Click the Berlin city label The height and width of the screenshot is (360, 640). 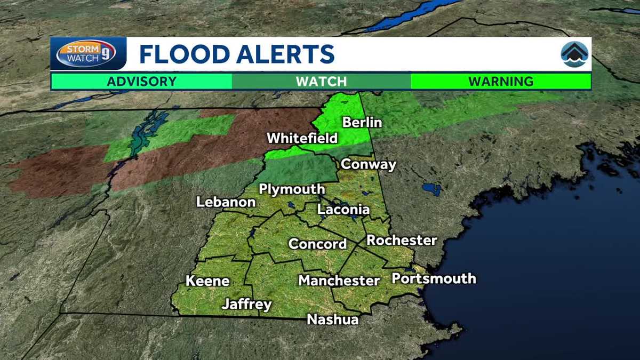coord(362,122)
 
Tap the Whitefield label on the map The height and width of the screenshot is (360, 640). coord(302,138)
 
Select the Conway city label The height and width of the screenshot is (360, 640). coord(369,164)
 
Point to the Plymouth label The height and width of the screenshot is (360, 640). coord(292,189)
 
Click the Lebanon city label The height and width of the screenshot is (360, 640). coord(226,202)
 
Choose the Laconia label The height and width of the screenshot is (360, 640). coord(343,209)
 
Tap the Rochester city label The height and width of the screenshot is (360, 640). coord(402,240)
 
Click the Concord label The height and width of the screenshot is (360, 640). coord(318,244)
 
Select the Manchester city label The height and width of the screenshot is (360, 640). coord(339,280)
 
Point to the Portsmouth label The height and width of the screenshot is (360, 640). coord(434,278)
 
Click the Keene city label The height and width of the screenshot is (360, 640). coord(207,281)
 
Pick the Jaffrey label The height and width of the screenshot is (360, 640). coord(247,305)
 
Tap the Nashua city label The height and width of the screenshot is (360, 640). coord(333,319)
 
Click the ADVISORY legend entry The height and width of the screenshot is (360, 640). coord(141,82)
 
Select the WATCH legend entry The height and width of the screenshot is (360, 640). coord(321,82)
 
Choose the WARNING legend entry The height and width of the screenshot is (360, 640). coord(501,82)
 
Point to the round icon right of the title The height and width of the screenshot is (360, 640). coord(574,54)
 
